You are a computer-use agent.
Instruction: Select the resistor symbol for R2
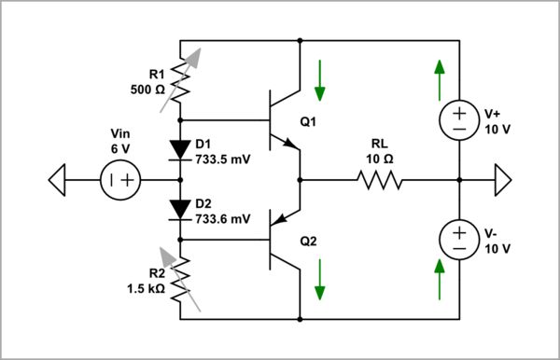(x=179, y=277)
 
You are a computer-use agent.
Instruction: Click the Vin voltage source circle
(x=121, y=180)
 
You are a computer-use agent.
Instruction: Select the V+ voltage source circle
(x=459, y=120)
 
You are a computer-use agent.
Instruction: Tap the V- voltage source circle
(x=459, y=240)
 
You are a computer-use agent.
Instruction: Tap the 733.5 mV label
(x=222, y=159)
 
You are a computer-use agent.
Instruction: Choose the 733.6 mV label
(x=222, y=219)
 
